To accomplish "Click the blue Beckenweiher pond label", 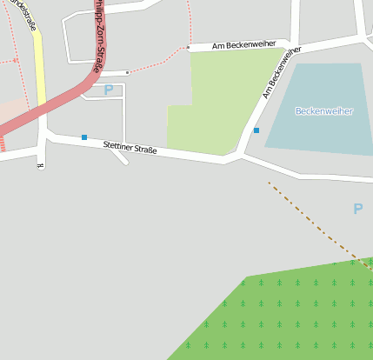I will [x=323, y=111].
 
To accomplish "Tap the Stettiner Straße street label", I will [x=130, y=149].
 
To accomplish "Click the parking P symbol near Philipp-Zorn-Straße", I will [x=109, y=90].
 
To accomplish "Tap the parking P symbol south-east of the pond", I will [x=357, y=209].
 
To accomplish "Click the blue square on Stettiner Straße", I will [x=84, y=137].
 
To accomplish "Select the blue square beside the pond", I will [x=256, y=130].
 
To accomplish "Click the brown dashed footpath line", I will [x=313, y=223].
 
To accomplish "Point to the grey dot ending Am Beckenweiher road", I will [x=188, y=48].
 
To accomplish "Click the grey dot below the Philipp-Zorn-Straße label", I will [x=128, y=72].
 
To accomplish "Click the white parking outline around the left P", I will [x=124, y=113].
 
